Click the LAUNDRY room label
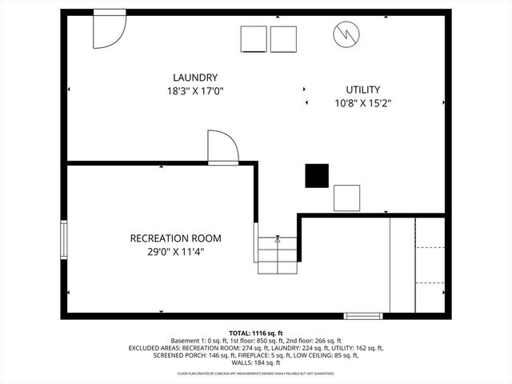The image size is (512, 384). click(x=195, y=78)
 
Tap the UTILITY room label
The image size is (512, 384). click(x=362, y=90)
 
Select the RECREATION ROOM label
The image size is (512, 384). click(x=176, y=238)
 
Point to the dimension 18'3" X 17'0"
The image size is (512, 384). click(x=195, y=91)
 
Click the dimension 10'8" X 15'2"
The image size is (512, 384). click(x=362, y=102)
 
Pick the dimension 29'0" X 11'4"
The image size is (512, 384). click(x=176, y=251)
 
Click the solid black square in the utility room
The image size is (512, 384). click(x=317, y=175)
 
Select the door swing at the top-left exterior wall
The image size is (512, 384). click(x=109, y=30)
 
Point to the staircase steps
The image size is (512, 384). click(x=278, y=254)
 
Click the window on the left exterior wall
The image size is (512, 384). click(x=64, y=240)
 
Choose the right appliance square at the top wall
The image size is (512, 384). click(x=283, y=39)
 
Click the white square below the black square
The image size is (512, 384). click(x=347, y=197)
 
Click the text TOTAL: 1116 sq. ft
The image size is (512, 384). click(x=256, y=333)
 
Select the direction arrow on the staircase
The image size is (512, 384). click(x=278, y=238)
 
